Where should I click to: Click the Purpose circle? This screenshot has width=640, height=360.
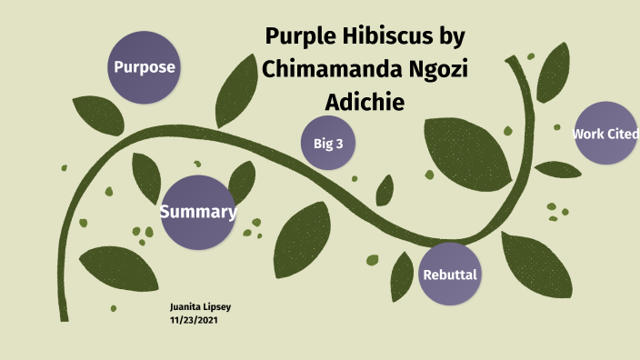144,66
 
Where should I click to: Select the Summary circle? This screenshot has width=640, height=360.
198,212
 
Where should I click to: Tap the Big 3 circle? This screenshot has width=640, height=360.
327,143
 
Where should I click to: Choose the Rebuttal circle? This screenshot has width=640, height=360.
449,274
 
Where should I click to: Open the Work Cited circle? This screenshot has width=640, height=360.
605,134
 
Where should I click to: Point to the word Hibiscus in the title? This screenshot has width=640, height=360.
394,38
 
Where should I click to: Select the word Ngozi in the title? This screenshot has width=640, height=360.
438,70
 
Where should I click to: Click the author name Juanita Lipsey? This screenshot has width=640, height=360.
200,307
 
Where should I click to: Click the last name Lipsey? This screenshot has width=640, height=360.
217,307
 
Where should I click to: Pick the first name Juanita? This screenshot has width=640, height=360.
185,307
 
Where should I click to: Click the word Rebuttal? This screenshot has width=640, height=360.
449,275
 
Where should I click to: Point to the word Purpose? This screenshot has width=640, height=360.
144,67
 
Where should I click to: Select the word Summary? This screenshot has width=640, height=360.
198,213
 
